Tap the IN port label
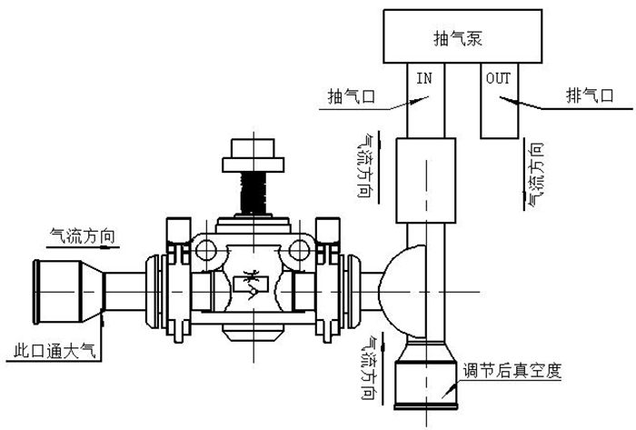[x=423, y=78]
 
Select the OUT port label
[x=499, y=78]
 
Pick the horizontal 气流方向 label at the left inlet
[x=83, y=235]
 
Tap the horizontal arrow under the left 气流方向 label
[x=86, y=247]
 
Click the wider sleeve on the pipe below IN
[x=424, y=182]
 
